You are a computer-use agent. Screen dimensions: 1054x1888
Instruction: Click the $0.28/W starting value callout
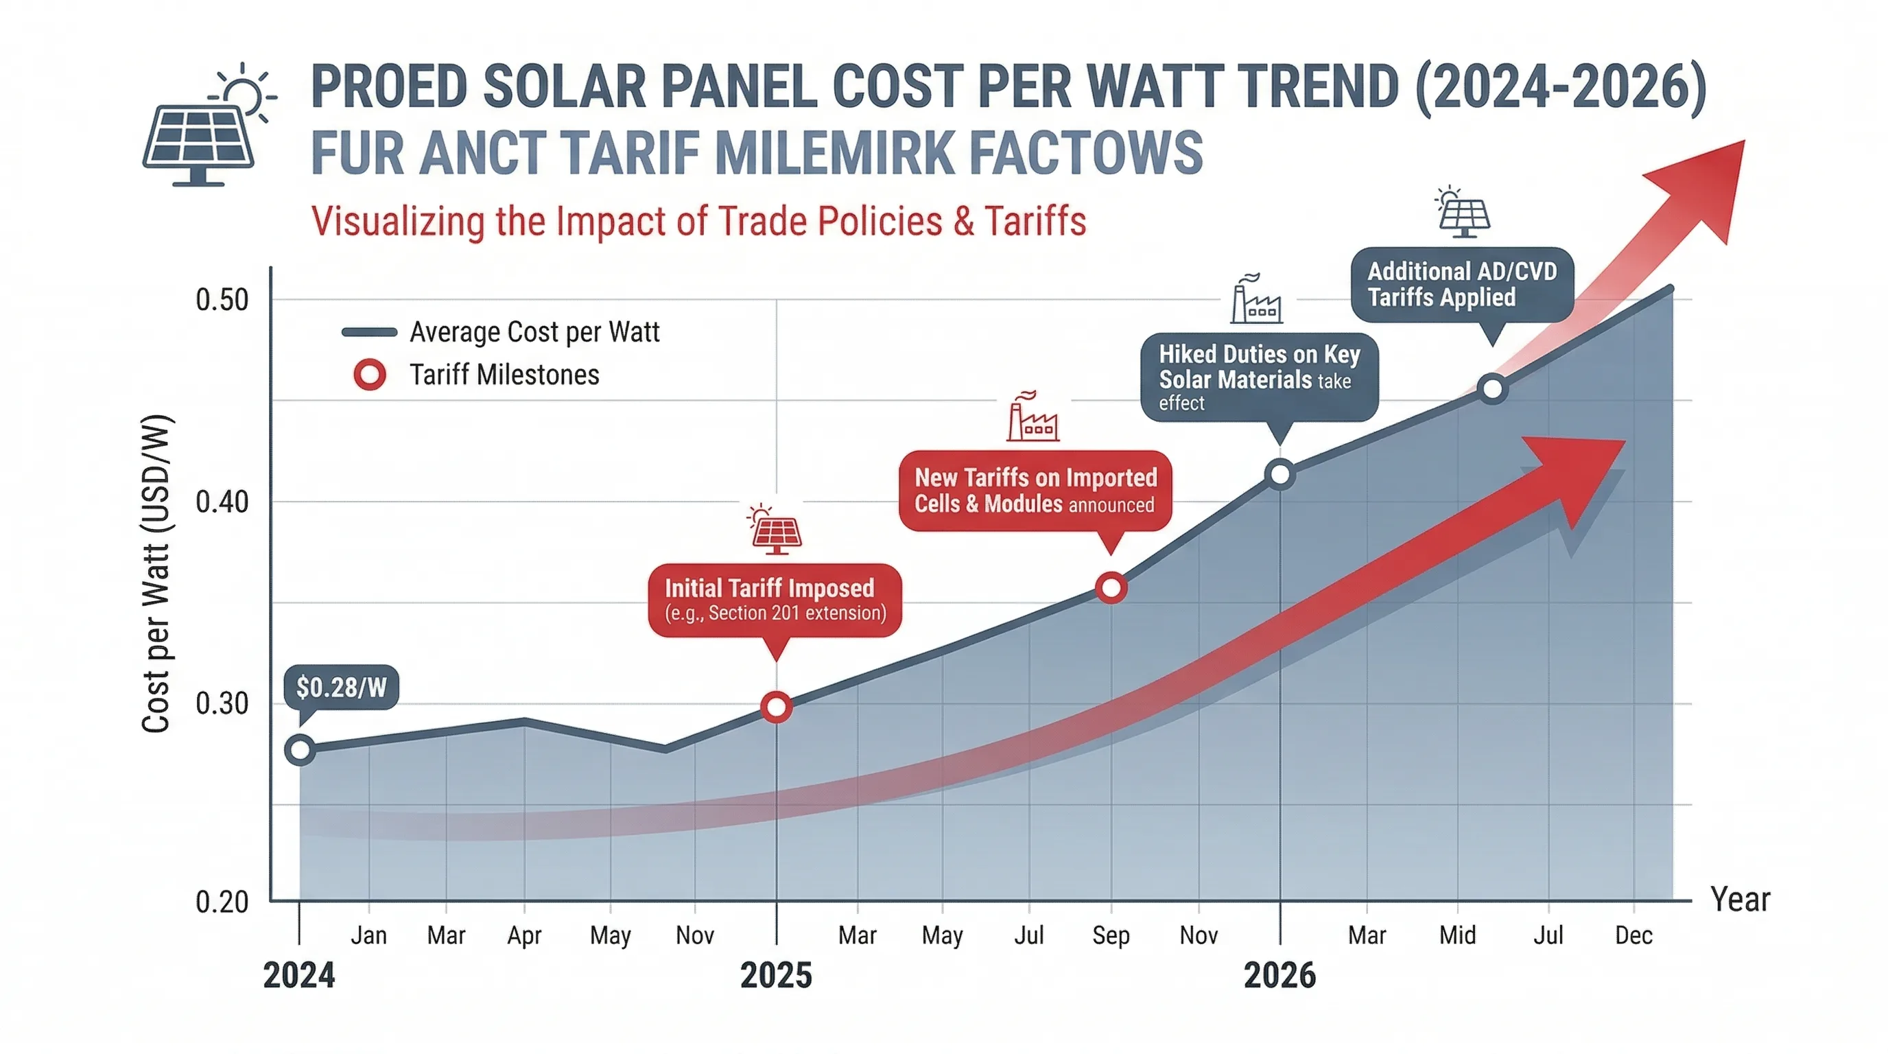tap(341, 687)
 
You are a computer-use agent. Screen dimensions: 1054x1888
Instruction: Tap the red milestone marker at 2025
tap(776, 707)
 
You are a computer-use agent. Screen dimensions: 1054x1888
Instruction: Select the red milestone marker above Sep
tap(1111, 588)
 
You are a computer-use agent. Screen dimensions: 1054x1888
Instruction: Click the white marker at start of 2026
tap(1279, 474)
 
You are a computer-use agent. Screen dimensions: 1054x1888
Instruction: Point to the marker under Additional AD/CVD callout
tap(1493, 388)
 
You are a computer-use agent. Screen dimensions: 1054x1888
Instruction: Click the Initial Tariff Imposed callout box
tap(775, 600)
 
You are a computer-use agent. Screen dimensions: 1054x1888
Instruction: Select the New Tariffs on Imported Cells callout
tap(1035, 491)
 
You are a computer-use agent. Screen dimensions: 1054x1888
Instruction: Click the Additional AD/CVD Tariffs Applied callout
tap(1462, 284)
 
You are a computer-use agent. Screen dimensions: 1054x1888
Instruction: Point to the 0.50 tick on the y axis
tap(222, 300)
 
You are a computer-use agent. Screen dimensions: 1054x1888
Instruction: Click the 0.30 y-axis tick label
tap(222, 703)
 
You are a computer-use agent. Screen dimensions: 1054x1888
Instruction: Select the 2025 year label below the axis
tap(776, 976)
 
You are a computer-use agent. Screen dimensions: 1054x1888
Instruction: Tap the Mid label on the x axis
tap(1457, 935)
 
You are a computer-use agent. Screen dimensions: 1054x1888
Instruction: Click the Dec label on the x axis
tap(1633, 935)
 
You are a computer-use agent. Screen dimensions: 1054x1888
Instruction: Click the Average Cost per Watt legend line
tap(369, 332)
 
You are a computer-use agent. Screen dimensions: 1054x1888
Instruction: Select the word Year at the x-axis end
tap(1740, 900)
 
